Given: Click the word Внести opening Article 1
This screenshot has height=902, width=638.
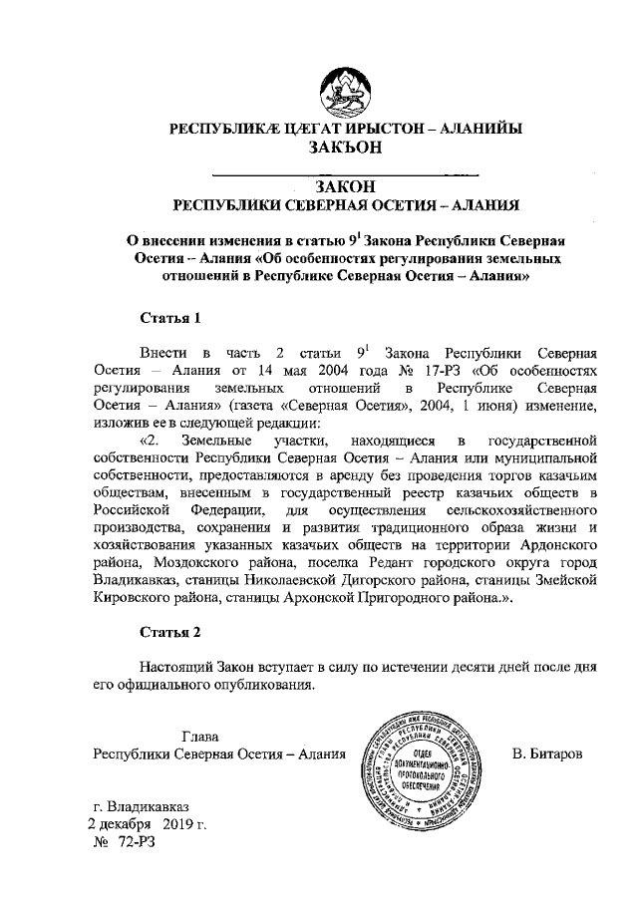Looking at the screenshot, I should click(162, 354).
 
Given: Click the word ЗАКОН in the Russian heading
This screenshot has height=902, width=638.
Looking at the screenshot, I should click(345, 186).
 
